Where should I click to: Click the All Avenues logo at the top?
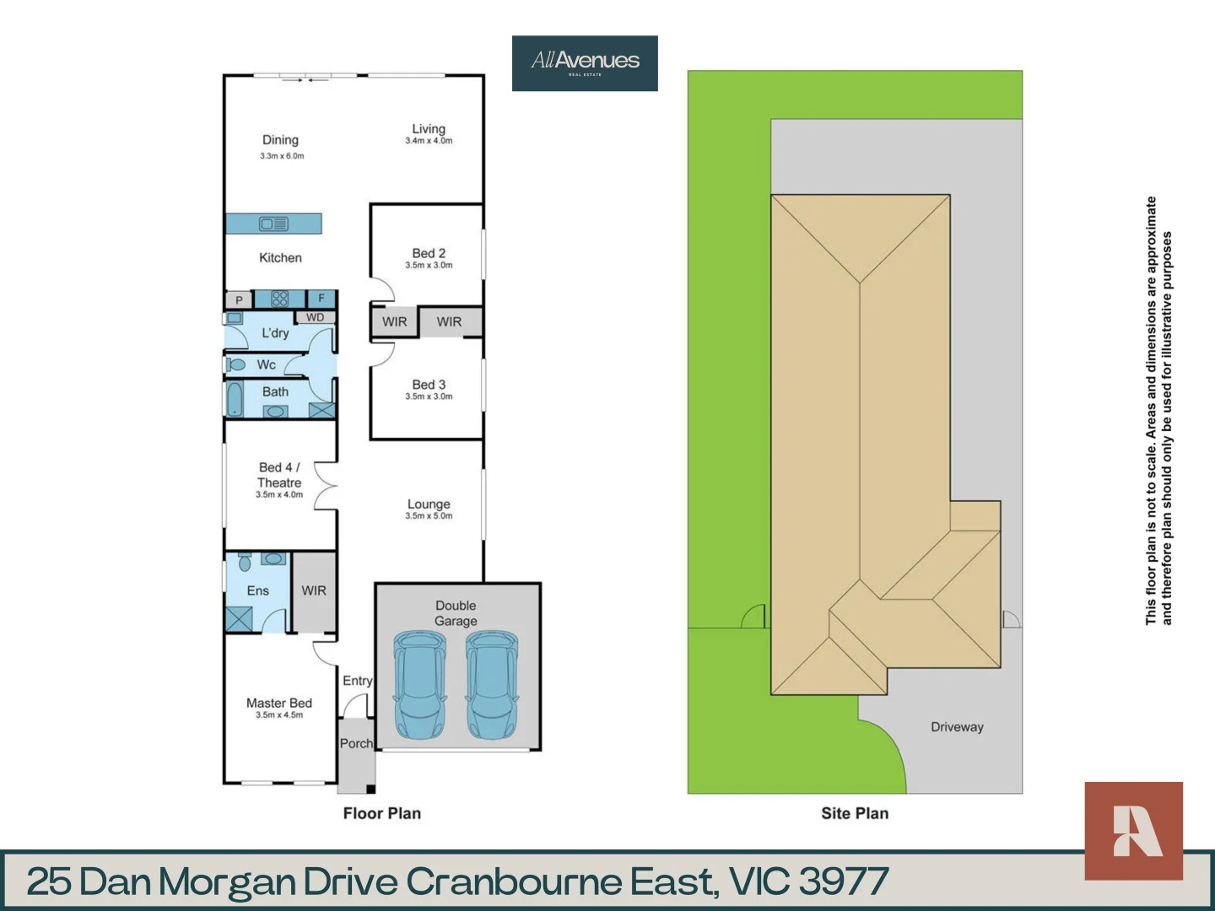click(585, 62)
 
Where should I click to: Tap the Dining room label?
click(280, 140)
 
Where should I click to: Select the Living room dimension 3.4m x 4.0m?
click(429, 141)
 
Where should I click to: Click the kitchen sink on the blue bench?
click(273, 224)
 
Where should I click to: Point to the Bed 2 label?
click(429, 253)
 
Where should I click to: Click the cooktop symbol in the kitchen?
click(280, 299)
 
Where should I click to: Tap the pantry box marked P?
click(239, 300)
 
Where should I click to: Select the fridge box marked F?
click(321, 299)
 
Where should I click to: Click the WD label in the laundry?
click(315, 317)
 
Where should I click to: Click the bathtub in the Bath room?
click(235, 400)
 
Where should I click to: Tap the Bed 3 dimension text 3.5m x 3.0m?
click(429, 396)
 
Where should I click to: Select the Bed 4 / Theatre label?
click(279, 475)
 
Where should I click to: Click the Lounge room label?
click(429, 504)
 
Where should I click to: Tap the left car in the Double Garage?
click(418, 685)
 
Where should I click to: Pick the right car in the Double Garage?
click(492, 685)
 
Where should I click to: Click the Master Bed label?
click(279, 703)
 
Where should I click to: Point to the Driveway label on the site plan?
click(957, 727)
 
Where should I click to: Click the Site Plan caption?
click(855, 813)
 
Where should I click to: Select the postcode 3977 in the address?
click(843, 881)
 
